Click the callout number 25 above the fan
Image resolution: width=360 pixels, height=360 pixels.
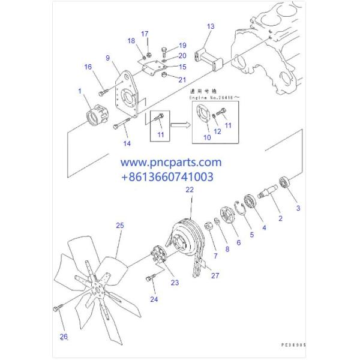coord(120,225)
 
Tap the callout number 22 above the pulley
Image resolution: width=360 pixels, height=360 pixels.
coord(190,190)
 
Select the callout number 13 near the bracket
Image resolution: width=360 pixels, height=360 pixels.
coord(210,26)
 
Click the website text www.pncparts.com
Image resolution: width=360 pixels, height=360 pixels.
coord(171,163)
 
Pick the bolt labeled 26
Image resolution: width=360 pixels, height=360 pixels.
coord(58,309)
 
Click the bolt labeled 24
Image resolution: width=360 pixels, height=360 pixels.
coord(150,278)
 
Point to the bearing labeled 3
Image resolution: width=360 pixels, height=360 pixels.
coord(286,182)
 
